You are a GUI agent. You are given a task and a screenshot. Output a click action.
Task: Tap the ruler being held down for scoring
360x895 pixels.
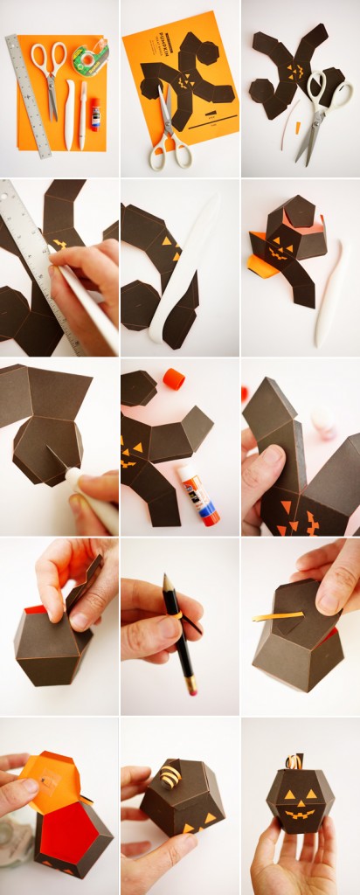click(x=35, y=253)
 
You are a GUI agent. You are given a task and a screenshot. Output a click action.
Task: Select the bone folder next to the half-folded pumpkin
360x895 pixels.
click(x=333, y=302)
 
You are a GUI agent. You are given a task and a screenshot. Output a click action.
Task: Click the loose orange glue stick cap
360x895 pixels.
click(x=175, y=378)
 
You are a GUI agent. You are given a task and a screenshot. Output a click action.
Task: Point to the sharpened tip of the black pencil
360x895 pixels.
click(x=164, y=579)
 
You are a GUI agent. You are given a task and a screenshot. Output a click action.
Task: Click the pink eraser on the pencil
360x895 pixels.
click(x=190, y=690)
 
